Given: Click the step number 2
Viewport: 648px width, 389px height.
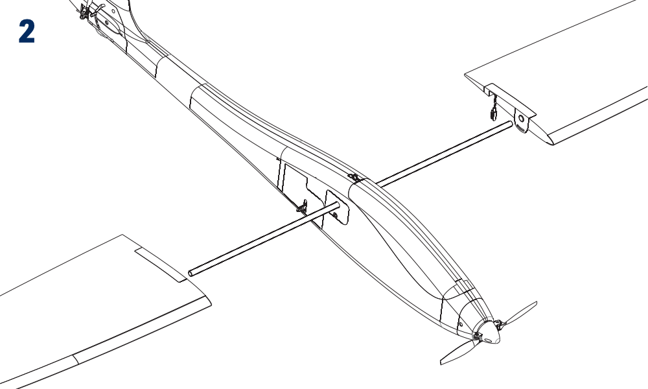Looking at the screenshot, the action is (27, 32).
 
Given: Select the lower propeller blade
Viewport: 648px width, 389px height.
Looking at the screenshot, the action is (458, 352).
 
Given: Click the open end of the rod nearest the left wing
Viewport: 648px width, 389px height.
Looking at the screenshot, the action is (191, 273).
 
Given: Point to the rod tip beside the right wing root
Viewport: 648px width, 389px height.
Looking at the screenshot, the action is (511, 124).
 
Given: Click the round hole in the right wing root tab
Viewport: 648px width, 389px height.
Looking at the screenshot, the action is (522, 119).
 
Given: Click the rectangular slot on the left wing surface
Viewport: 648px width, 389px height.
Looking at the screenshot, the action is (161, 265).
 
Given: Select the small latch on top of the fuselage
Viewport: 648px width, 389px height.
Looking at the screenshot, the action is (354, 178).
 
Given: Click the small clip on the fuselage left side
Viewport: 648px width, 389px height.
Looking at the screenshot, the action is (303, 207).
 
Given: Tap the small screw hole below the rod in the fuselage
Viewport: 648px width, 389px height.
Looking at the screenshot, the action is (335, 215).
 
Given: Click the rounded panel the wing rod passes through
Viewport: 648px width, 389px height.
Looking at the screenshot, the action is (337, 207).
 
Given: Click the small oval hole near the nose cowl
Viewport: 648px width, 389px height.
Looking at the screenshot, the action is (461, 324).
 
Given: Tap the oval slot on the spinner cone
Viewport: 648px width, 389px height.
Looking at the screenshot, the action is (489, 340).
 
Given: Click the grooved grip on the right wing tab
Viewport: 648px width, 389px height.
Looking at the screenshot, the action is (522, 130).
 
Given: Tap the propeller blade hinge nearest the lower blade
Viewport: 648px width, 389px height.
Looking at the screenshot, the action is (477, 336).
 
